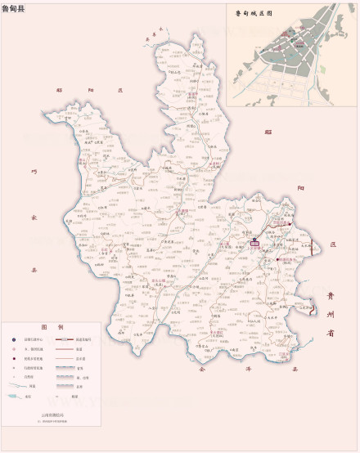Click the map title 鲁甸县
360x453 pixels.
(13, 7)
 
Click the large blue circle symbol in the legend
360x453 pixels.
(12, 339)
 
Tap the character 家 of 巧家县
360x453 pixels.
(34, 218)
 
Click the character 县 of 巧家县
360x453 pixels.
(34, 267)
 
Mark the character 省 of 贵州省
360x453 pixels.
(330, 334)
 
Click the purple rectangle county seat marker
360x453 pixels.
(254, 242)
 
